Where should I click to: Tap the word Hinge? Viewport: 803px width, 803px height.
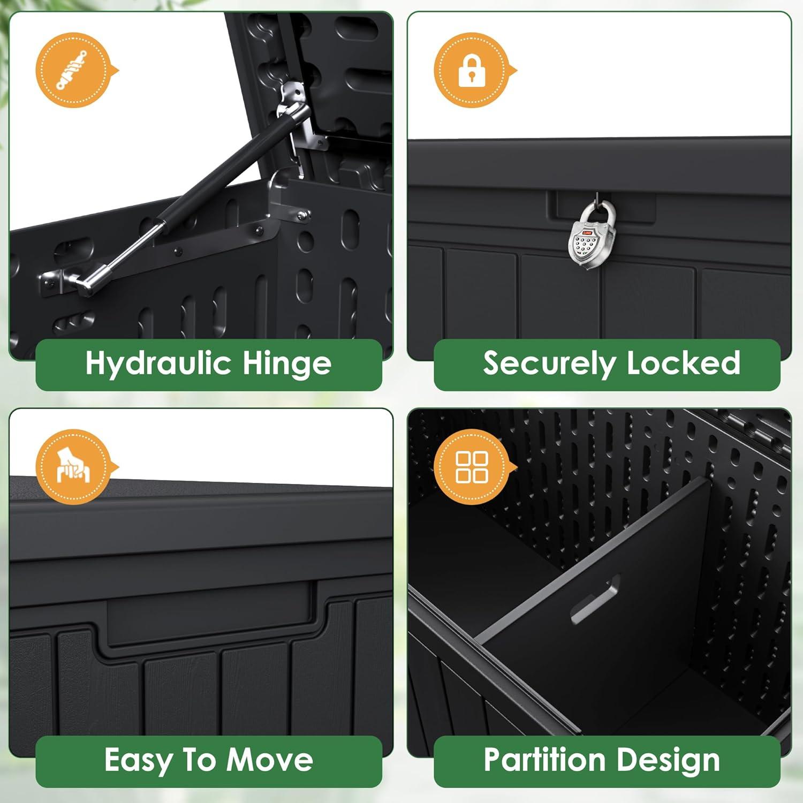pos(287,364)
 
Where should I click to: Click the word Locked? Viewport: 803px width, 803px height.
pos(684,363)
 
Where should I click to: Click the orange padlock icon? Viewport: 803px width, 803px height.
pos(472,70)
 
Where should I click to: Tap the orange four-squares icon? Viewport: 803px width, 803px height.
pos(472,467)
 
